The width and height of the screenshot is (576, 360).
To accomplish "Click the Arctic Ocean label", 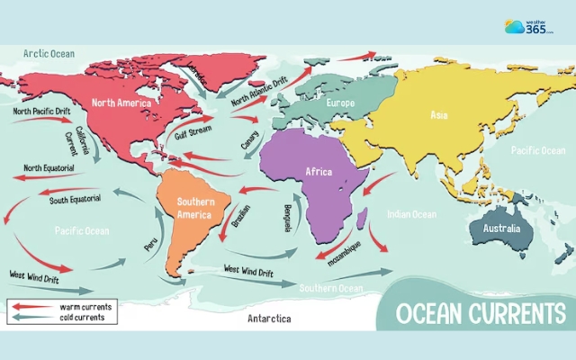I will (x=49, y=55).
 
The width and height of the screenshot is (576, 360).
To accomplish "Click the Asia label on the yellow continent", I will (x=439, y=115).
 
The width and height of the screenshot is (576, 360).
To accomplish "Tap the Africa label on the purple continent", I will (x=319, y=171).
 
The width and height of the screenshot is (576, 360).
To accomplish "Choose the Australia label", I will (x=501, y=229).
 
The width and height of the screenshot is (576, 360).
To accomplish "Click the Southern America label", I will (x=194, y=208).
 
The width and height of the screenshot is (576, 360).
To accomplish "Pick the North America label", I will (x=121, y=103).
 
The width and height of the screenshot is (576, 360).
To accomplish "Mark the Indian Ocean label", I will (x=411, y=214).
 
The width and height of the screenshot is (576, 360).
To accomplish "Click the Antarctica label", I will (x=268, y=319).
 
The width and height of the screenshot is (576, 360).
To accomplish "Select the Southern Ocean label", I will (x=330, y=288).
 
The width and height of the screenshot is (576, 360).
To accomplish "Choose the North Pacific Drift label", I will (x=41, y=112).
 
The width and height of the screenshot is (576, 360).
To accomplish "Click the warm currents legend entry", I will (x=86, y=307).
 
